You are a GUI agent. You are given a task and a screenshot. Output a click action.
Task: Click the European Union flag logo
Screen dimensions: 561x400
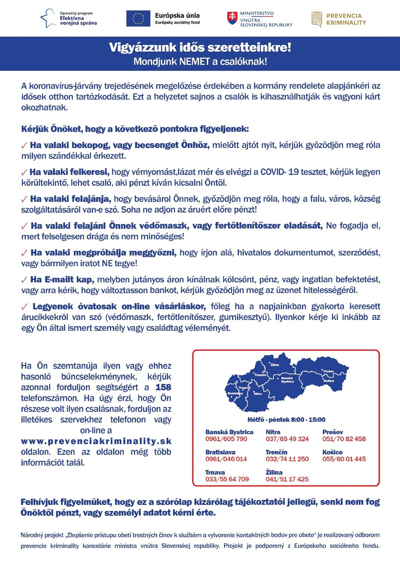click(138, 19)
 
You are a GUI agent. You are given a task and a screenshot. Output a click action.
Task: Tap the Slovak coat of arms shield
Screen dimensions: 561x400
click(232, 18)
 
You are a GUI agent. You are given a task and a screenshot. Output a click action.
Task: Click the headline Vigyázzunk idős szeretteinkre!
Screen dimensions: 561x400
click(200, 47)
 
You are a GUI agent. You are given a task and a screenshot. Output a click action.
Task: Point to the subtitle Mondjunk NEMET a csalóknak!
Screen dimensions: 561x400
click(200, 61)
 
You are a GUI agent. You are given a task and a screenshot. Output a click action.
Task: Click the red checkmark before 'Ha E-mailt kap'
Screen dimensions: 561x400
click(24, 280)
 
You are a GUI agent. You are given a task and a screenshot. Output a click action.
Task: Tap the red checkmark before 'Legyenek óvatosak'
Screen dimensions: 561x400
click(24, 307)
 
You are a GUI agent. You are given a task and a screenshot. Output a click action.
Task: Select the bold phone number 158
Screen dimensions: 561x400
click(163, 387)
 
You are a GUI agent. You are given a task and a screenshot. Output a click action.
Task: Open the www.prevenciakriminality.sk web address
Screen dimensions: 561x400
click(96, 441)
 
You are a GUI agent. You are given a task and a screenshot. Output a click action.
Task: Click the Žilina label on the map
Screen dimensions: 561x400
click(274, 365)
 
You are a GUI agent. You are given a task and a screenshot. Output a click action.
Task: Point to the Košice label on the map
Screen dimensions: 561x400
click(329, 381)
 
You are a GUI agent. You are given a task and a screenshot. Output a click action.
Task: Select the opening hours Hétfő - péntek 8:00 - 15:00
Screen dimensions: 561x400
click(286, 420)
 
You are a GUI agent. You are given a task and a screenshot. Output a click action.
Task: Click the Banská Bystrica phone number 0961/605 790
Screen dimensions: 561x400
click(226, 439)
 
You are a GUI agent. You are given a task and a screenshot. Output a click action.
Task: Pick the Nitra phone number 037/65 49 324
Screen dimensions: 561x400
click(287, 439)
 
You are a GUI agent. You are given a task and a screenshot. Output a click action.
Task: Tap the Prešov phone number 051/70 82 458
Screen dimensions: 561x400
click(344, 439)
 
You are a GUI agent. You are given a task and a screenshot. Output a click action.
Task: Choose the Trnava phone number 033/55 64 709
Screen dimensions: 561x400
click(227, 479)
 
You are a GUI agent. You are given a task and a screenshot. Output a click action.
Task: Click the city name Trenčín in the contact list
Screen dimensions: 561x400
click(276, 452)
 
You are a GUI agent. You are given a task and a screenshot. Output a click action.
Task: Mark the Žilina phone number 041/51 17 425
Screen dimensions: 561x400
click(287, 479)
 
